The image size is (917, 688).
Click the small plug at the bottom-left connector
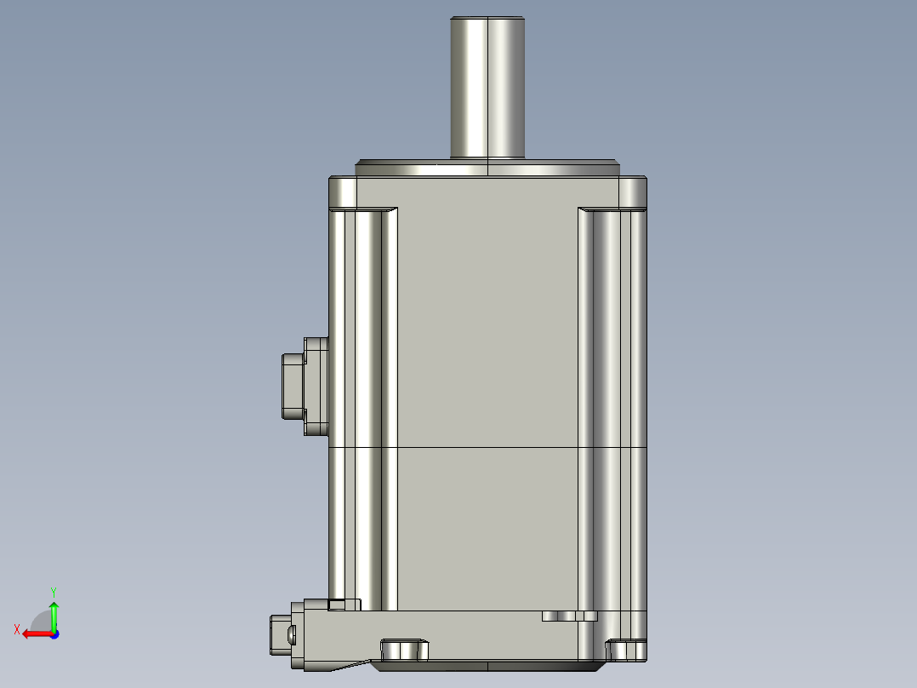click(279, 634)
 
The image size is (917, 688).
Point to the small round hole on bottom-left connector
click(292, 634)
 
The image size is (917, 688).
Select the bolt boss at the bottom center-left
click(404, 651)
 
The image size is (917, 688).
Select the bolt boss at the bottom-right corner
click(629, 651)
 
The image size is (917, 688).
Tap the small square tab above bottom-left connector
click(337, 605)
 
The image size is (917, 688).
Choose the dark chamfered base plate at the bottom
click(485, 664)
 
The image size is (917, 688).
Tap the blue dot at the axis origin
click(54, 634)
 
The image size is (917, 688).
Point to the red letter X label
click(16, 630)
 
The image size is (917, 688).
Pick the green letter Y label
click(54, 590)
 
